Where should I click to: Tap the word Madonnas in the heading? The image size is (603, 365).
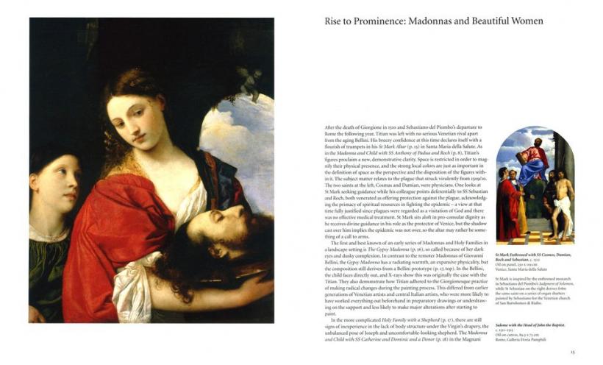click(x=444, y=21)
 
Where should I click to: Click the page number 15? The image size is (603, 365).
click(x=571, y=352)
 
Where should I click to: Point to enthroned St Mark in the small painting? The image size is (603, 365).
click(x=534, y=157)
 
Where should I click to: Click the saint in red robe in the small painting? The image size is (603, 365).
click(x=509, y=203)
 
